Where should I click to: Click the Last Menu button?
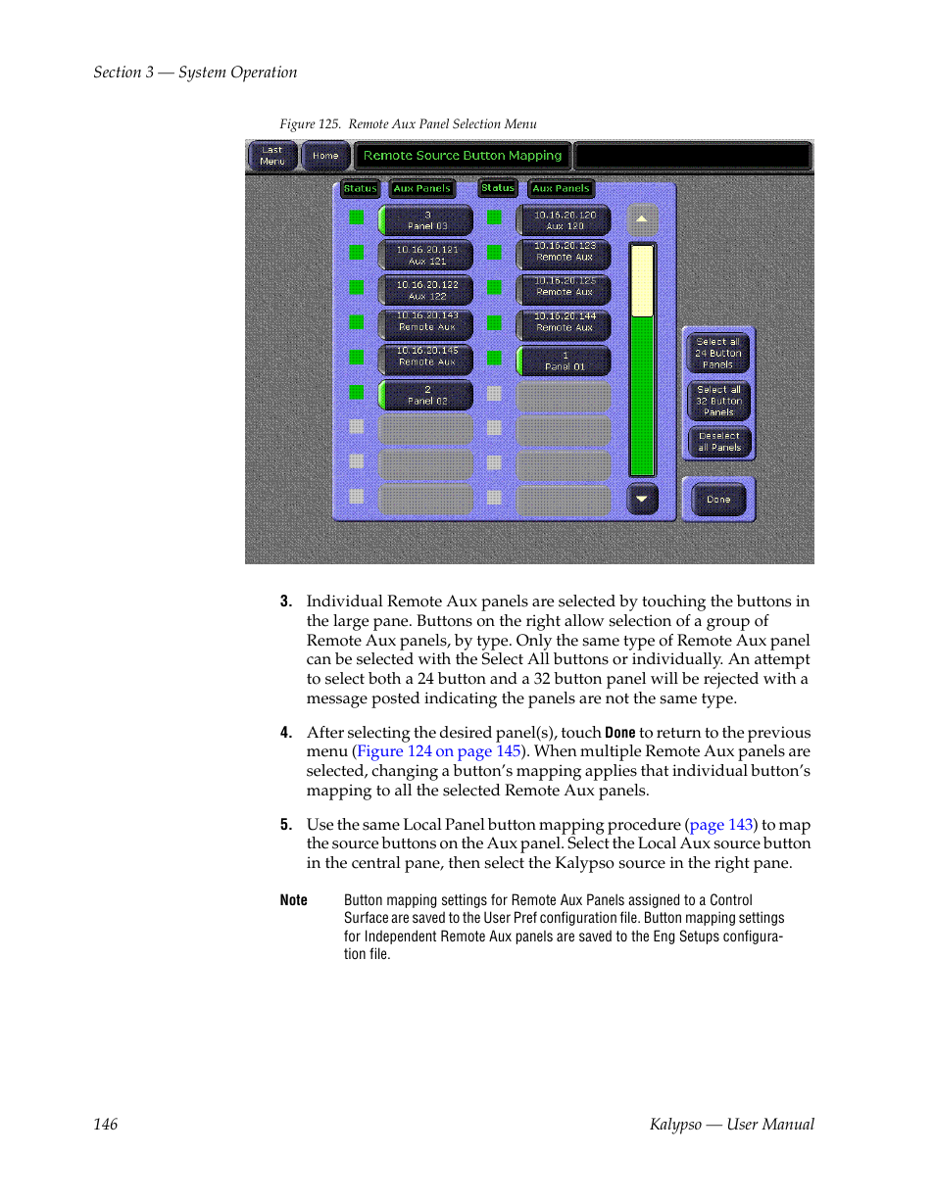tap(272, 156)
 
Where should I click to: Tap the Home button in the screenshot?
tap(325, 156)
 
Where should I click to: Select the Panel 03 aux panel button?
tap(426, 220)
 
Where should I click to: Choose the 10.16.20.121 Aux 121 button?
tap(426, 256)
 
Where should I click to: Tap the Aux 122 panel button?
tap(426, 290)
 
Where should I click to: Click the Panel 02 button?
tap(426, 395)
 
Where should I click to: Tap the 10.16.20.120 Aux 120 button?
tap(565, 220)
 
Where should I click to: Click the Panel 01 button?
tap(565, 361)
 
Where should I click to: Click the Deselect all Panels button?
tap(718, 442)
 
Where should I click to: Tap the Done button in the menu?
tap(718, 500)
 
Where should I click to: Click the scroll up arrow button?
tap(642, 219)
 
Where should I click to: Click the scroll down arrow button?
tap(642, 500)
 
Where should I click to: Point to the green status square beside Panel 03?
tap(357, 217)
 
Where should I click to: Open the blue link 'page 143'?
tap(722, 825)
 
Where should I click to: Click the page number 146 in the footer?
tap(106, 1125)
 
